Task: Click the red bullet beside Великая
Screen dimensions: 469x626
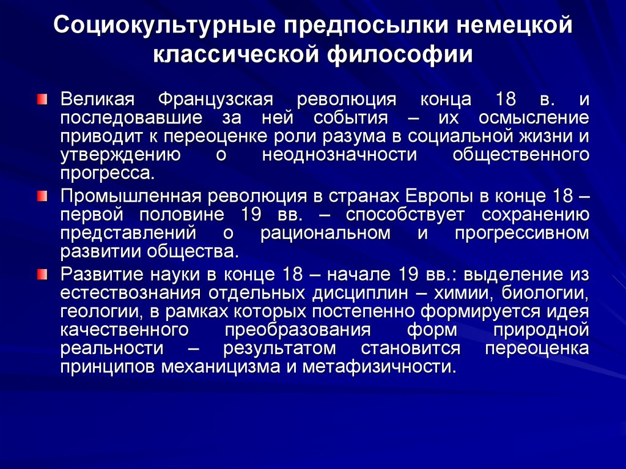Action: coord(41,98)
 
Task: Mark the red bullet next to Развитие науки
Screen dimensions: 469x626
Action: coord(41,273)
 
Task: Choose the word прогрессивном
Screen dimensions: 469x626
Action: coord(521,233)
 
